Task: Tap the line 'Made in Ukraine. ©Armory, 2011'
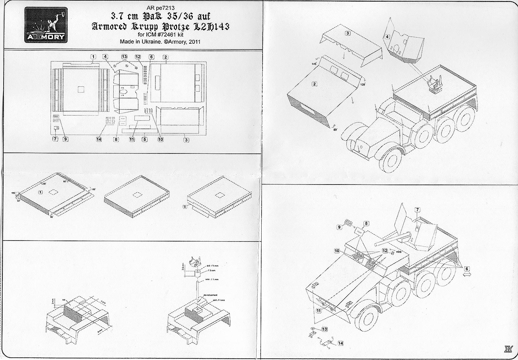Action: click(160, 42)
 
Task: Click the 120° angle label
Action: click(362, 84)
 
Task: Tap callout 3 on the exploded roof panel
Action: click(347, 33)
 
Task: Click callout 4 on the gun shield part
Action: click(387, 37)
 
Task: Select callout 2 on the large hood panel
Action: click(314, 84)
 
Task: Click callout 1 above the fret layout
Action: click(93, 57)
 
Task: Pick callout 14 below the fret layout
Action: click(99, 139)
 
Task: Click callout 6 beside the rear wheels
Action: click(467, 268)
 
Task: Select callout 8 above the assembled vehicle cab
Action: click(366, 223)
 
